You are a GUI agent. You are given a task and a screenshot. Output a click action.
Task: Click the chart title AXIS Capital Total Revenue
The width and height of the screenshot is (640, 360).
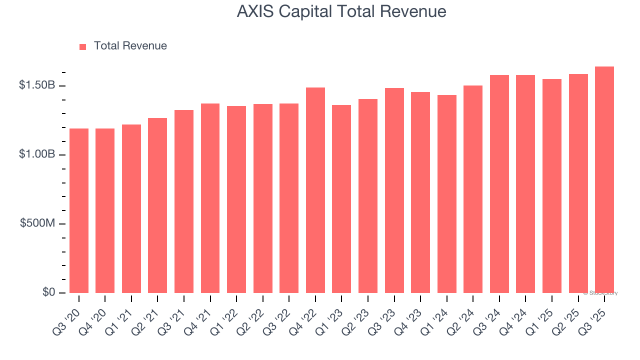click(341, 11)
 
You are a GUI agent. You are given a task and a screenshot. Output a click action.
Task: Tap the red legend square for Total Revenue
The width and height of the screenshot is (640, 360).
click(83, 46)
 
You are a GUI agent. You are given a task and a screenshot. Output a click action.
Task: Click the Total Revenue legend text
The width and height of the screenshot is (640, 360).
click(130, 46)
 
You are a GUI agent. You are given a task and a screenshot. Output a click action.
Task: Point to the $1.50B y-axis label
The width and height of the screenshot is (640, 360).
click(37, 85)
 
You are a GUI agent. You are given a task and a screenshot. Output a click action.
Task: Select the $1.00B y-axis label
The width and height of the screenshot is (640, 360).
click(37, 154)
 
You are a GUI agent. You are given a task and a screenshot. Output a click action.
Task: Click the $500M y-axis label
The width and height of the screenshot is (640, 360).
click(38, 223)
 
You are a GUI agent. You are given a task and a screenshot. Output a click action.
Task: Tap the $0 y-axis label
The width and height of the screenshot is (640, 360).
click(48, 292)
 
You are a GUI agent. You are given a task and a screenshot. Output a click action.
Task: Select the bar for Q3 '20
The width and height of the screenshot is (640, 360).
click(79, 210)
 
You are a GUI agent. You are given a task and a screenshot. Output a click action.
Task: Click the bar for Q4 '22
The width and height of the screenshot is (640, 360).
click(315, 190)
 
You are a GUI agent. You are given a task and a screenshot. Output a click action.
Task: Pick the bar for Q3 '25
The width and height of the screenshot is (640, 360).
click(604, 180)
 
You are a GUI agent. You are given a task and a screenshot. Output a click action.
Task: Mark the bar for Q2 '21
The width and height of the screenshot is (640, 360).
click(157, 205)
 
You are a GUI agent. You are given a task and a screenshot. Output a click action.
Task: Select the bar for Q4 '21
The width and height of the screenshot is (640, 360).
click(210, 198)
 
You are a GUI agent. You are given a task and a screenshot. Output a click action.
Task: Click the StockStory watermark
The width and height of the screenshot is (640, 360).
click(600, 293)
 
